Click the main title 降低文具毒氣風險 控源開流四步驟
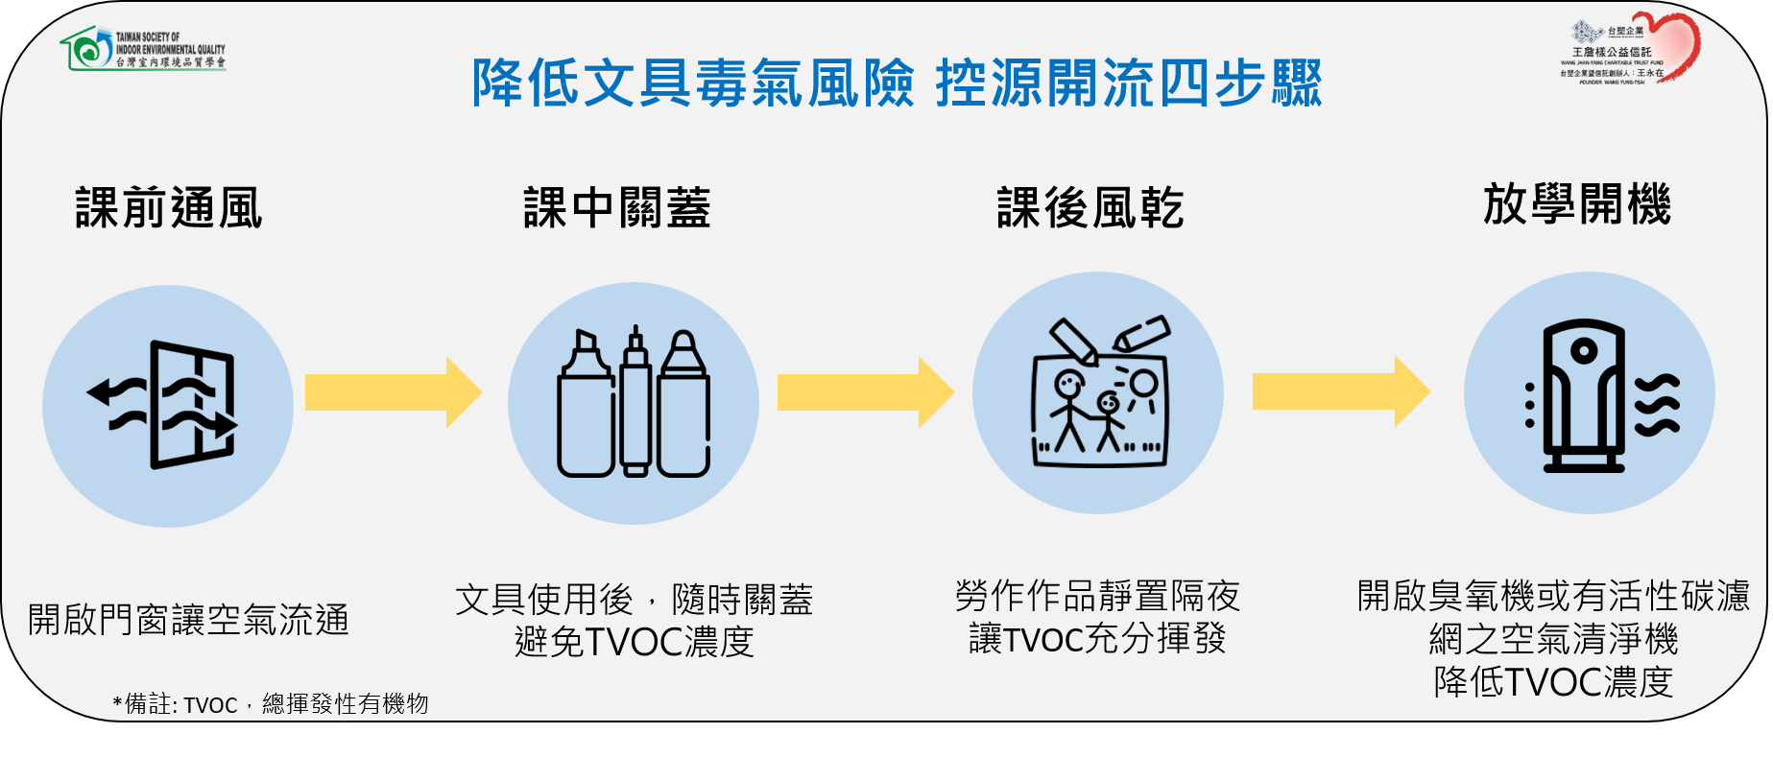[x=897, y=83]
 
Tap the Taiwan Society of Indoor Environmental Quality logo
[x=143, y=49]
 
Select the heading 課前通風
[x=169, y=208]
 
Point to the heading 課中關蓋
[x=617, y=208]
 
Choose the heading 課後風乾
[x=1090, y=208]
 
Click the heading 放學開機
[x=1577, y=204]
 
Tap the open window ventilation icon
[x=168, y=405]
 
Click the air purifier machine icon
[x=1584, y=395]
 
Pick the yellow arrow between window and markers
[x=393, y=392]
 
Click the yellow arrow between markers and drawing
[x=865, y=392]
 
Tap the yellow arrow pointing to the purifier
[x=1340, y=391]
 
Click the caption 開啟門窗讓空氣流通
[x=188, y=620]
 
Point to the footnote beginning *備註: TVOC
[x=271, y=704]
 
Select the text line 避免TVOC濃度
[x=635, y=642]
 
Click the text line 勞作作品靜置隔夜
[x=1097, y=596]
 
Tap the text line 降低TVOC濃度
[x=1553, y=682]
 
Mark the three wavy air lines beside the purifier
[x=1658, y=405]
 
